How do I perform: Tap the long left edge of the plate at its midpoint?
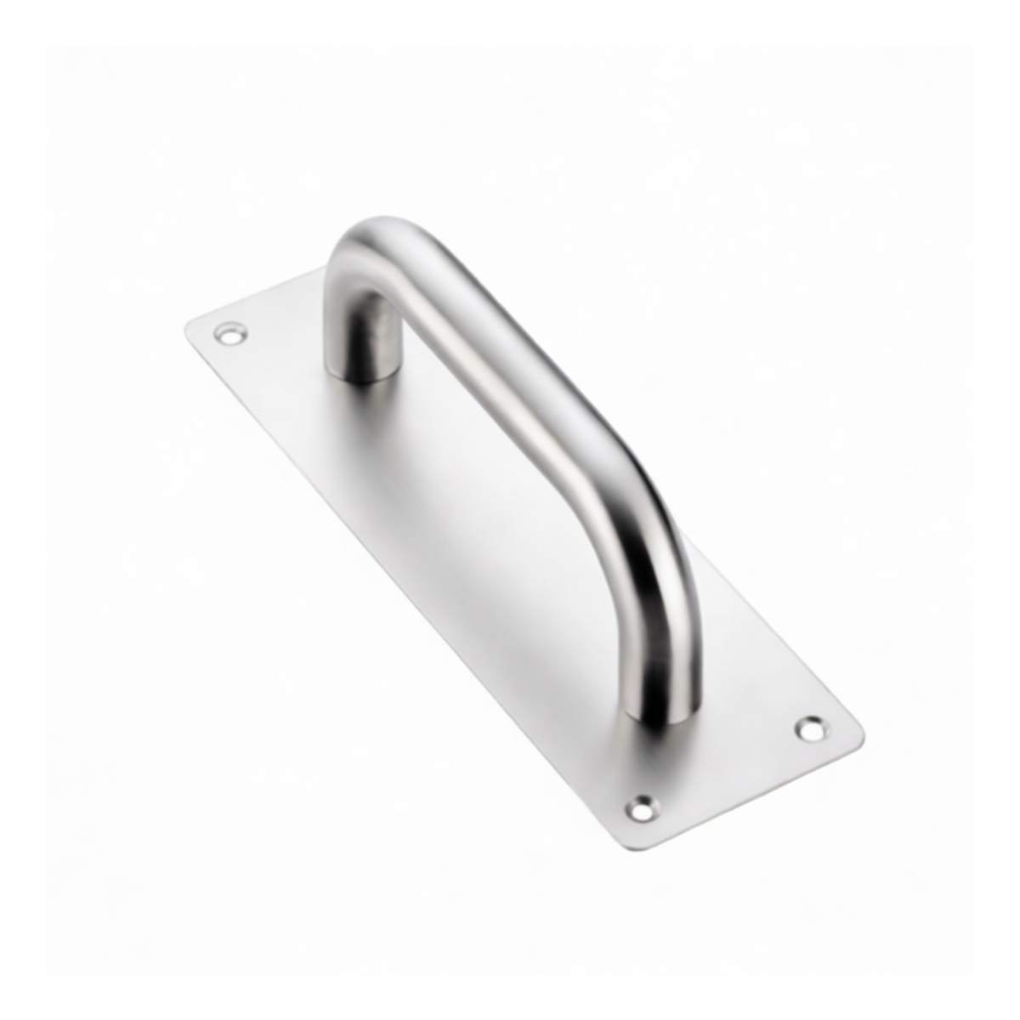(x=399, y=578)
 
